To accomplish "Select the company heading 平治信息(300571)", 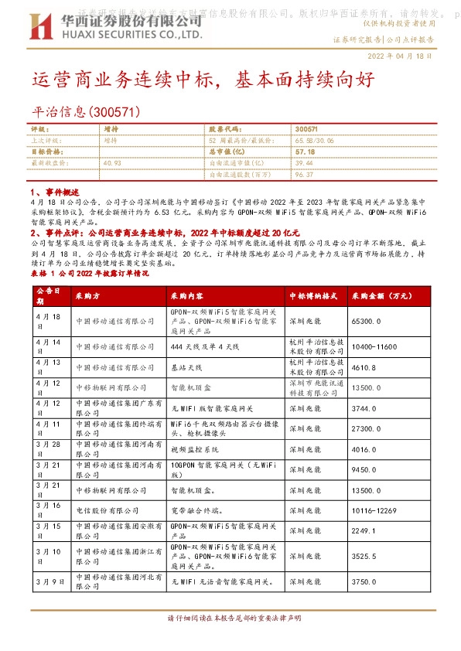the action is tap(86, 113).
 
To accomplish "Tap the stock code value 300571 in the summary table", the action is tap(307, 129).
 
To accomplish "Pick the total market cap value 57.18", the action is tap(304, 152).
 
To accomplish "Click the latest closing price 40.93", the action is tap(112, 163).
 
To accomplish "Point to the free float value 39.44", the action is tap(304, 163).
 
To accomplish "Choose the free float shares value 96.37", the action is tap(304, 175).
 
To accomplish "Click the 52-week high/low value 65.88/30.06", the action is tap(314, 141).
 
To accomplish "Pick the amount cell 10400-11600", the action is tap(376, 346).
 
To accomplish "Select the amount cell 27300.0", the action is tap(367, 428).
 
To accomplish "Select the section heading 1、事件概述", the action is tap(53, 190).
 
